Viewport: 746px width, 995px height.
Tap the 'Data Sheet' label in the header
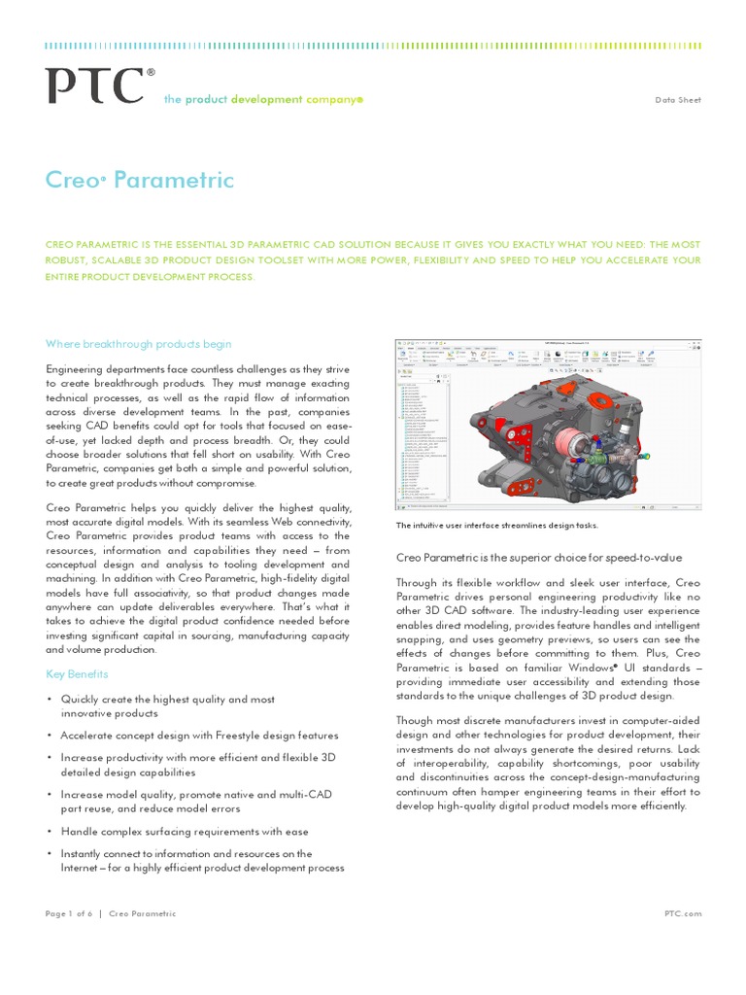coord(678,100)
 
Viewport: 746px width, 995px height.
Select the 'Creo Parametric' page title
coord(140,181)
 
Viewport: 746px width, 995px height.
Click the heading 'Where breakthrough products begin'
coord(139,343)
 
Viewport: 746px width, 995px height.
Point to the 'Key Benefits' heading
coord(78,673)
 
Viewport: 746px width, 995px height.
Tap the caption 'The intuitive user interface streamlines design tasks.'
coord(496,526)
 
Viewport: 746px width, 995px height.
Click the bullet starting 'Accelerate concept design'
coord(199,736)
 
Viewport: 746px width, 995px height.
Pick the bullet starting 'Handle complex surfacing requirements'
coord(185,831)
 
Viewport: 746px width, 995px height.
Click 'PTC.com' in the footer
coord(682,913)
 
